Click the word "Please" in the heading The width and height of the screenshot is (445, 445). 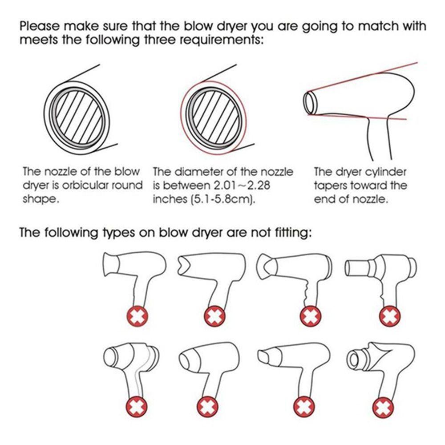pyautogui.click(x=40, y=26)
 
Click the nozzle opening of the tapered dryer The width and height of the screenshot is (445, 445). pyautogui.click(x=309, y=103)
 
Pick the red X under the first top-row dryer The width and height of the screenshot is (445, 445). pyautogui.click(x=138, y=316)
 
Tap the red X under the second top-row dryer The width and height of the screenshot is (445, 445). pyautogui.click(x=215, y=316)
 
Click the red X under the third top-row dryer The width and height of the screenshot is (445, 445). pyautogui.click(x=311, y=316)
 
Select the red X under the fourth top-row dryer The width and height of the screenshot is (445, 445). pyautogui.click(x=390, y=316)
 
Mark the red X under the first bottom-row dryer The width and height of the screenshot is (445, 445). pyautogui.click(x=137, y=407)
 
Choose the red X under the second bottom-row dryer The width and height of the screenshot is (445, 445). pyautogui.click(x=208, y=407)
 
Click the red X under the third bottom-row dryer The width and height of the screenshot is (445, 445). pyautogui.click(x=304, y=407)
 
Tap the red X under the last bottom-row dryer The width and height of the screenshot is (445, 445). pyautogui.click(x=383, y=407)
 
